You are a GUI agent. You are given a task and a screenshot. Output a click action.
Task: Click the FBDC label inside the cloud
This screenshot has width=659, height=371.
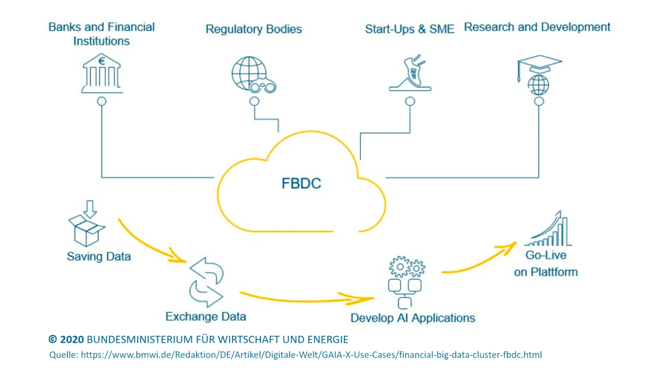(x=301, y=183)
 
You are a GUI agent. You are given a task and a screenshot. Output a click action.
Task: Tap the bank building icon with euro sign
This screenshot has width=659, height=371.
(x=102, y=73)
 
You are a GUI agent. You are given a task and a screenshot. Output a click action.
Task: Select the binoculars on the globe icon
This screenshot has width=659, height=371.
(x=263, y=86)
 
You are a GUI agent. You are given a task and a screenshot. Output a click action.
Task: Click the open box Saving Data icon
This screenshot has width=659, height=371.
(x=86, y=231)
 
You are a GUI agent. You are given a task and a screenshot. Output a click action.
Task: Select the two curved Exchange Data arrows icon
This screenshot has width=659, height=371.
(x=206, y=282)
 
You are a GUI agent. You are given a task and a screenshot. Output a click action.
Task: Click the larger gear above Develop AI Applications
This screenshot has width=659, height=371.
(x=399, y=267)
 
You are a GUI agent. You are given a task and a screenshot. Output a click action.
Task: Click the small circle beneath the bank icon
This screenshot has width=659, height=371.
(x=102, y=101)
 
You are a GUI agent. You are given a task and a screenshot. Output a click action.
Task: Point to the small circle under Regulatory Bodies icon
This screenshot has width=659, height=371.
(x=254, y=101)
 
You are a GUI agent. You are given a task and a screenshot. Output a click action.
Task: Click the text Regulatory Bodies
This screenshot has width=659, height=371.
(x=254, y=29)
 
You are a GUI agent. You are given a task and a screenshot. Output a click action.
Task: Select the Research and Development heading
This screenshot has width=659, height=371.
(x=537, y=27)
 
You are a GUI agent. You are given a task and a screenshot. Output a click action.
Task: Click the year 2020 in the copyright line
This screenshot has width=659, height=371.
(x=72, y=339)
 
